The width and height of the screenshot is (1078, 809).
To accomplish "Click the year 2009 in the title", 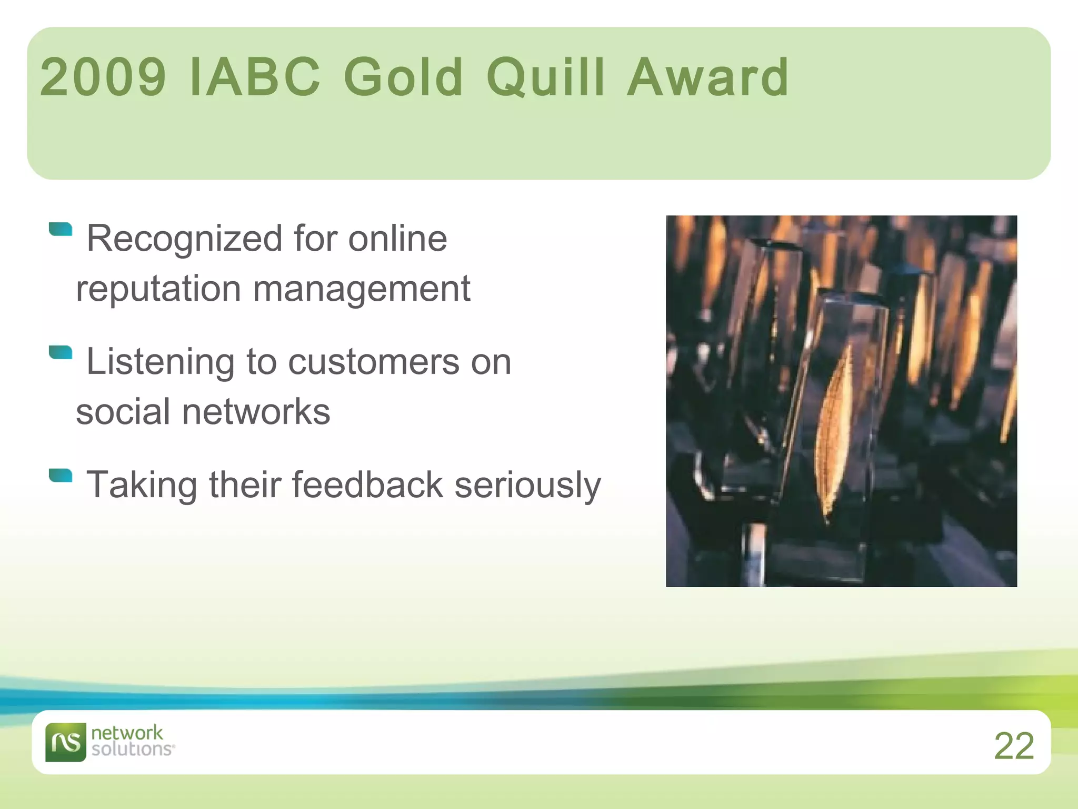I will point(103,77).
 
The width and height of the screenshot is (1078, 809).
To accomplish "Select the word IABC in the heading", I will point(254,77).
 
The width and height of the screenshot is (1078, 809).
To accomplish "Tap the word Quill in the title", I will point(545,77).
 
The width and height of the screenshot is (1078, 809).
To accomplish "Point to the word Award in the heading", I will point(708,77).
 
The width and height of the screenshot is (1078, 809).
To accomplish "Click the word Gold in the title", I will point(403,77).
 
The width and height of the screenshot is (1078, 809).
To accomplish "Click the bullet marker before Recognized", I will point(61,229).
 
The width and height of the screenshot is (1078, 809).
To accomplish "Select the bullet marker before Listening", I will point(61,352).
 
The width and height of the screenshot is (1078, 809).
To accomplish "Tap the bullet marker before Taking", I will point(61,475).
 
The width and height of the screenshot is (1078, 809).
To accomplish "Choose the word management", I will point(361,289).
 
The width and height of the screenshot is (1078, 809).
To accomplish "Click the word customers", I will point(374,362).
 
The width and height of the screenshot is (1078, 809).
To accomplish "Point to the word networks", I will point(256,412).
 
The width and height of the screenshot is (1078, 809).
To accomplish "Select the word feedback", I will point(367,485).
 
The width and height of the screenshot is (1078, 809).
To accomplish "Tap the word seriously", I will point(527,485).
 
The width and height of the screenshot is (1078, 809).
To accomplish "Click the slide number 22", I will point(1014,746).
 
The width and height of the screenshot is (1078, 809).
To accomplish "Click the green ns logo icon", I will point(65,742).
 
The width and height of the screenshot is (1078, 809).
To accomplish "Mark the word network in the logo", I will point(127,733).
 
